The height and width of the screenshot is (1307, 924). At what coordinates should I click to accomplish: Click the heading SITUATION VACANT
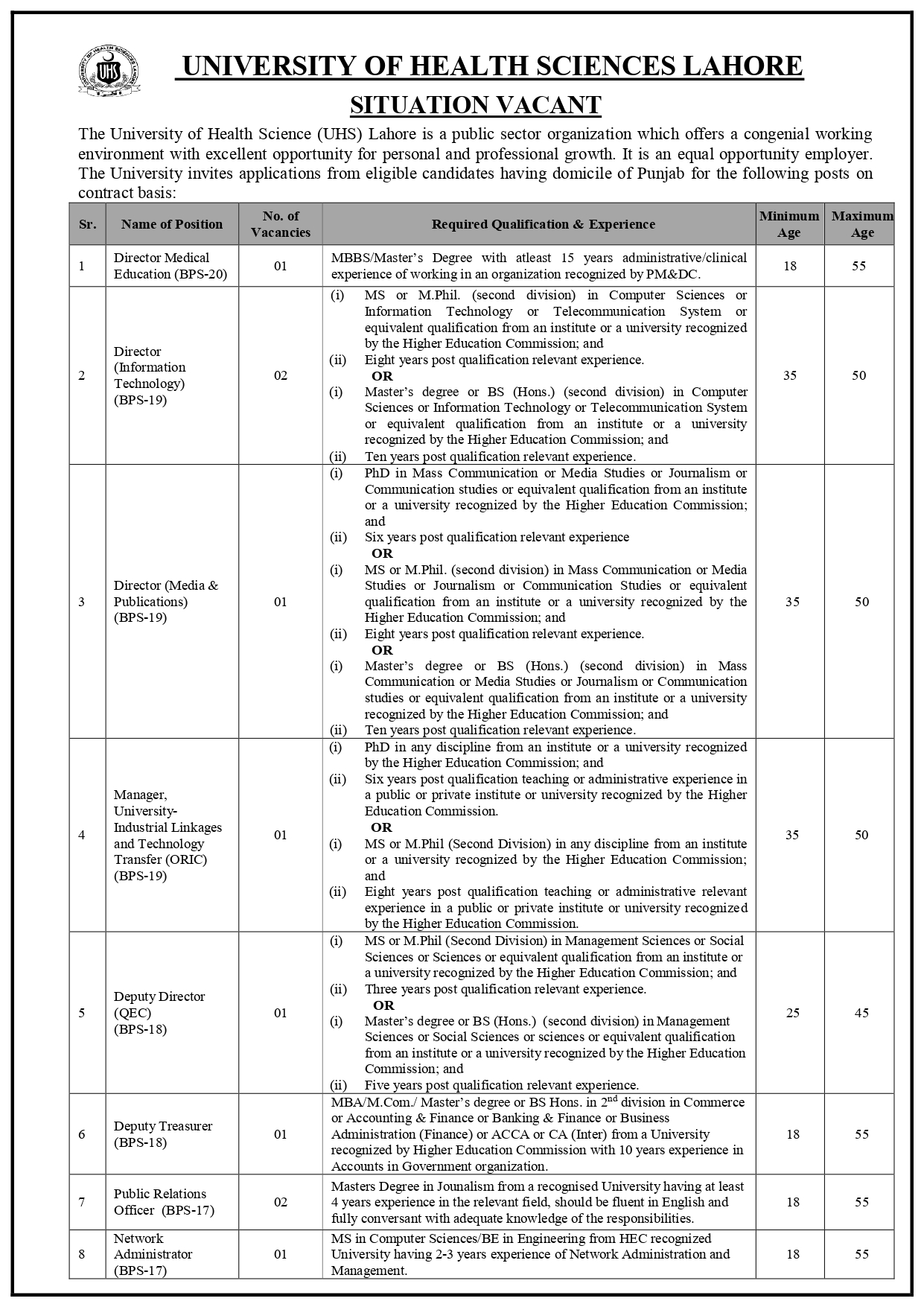pyautogui.click(x=475, y=105)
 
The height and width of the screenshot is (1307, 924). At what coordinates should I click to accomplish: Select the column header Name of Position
pyautogui.click(x=172, y=224)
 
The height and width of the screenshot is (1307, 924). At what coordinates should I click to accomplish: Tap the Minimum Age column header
pyautogui.click(x=789, y=224)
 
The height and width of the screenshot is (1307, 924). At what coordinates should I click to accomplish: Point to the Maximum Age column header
pyautogui.click(x=862, y=224)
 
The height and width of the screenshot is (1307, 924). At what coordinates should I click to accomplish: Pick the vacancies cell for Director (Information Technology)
pyautogui.click(x=280, y=375)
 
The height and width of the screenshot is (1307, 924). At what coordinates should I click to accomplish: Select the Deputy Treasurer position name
pyautogui.click(x=163, y=1134)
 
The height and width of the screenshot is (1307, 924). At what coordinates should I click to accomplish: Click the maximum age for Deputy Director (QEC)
pyautogui.click(x=861, y=1013)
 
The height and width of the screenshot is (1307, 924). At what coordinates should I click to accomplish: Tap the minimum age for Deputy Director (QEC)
pyautogui.click(x=792, y=1013)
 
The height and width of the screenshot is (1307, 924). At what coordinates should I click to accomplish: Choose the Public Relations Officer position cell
pyautogui.click(x=163, y=1202)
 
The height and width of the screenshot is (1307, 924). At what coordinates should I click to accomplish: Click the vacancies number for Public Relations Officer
pyautogui.click(x=280, y=1202)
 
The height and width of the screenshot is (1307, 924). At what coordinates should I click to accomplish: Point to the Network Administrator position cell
pyautogui.click(x=153, y=1254)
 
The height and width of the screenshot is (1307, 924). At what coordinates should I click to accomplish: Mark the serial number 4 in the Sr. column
pyautogui.click(x=82, y=835)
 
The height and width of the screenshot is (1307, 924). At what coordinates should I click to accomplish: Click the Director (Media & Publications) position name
pyautogui.click(x=165, y=601)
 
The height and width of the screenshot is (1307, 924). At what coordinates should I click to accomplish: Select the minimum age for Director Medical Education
pyautogui.click(x=790, y=266)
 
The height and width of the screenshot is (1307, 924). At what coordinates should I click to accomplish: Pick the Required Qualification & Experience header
pyautogui.click(x=544, y=224)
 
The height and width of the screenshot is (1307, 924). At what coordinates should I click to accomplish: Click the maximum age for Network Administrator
pyautogui.click(x=861, y=1254)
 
